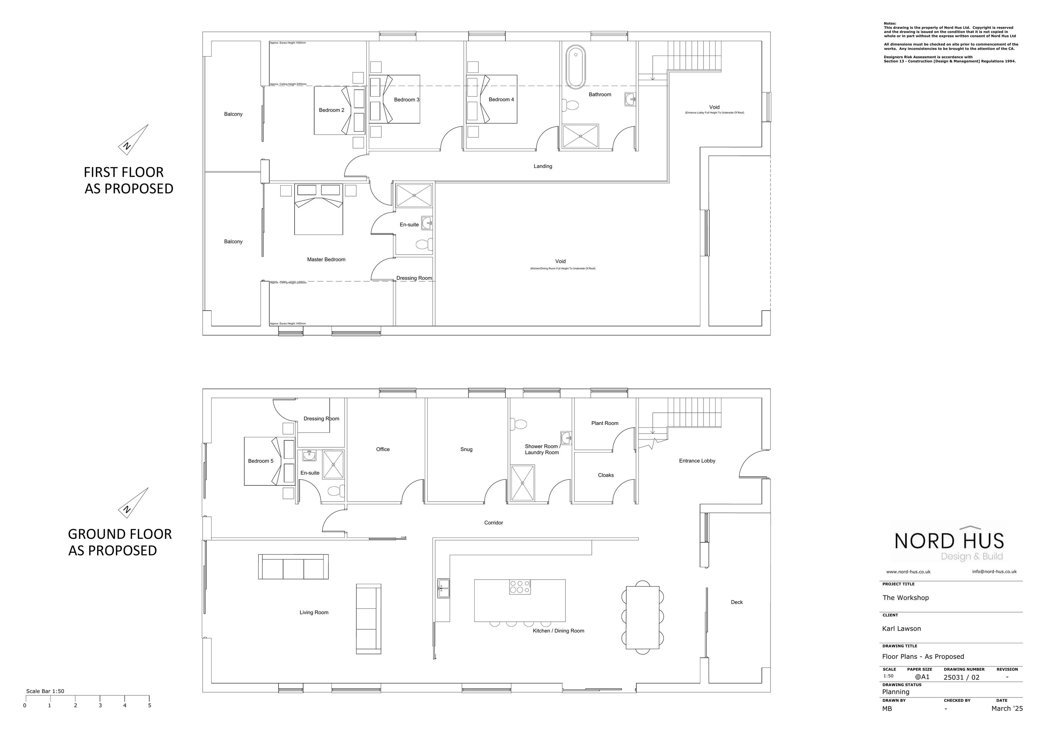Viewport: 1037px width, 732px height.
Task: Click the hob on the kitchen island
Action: (x=520, y=587)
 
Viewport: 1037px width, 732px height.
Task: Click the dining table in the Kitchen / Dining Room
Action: (x=642, y=617)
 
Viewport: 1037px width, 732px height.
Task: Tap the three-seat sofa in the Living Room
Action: (x=293, y=567)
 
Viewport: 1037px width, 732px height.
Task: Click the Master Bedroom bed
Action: (x=318, y=212)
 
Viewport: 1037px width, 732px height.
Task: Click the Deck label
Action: (x=736, y=602)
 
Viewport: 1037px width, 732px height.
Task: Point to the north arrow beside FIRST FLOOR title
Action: (x=134, y=140)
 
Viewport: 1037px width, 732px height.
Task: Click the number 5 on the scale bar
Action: (x=149, y=705)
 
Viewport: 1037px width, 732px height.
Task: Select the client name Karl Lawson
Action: (x=901, y=628)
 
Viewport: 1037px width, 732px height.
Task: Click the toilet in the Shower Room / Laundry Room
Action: (x=518, y=424)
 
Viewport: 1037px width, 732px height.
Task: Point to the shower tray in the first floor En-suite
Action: (x=414, y=195)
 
